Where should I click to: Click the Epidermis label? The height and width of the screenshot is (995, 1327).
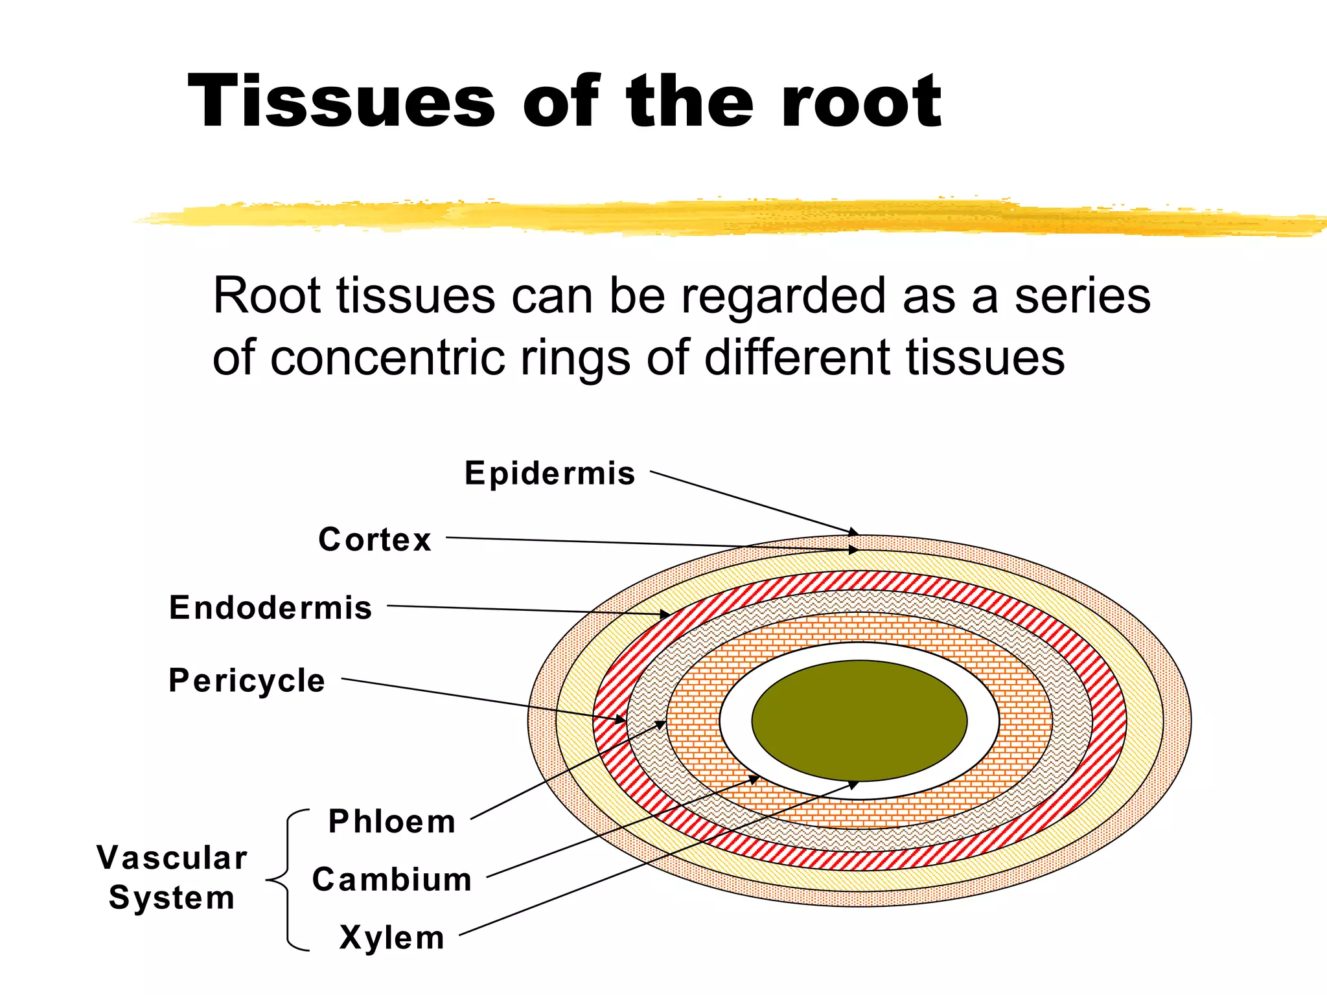pyautogui.click(x=549, y=474)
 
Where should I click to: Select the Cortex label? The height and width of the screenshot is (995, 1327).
pyautogui.click(x=375, y=540)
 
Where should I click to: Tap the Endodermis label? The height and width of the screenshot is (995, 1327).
pyautogui.click(x=270, y=608)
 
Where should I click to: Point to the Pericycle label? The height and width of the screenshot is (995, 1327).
pyautogui.click(x=246, y=681)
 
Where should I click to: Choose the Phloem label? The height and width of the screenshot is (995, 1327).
pyautogui.click(x=392, y=822)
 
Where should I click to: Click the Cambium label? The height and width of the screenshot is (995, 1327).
pyautogui.click(x=392, y=880)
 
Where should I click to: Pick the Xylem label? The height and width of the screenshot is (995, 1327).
pyautogui.click(x=392, y=938)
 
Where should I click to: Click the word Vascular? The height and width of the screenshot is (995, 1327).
pyautogui.click(x=172, y=858)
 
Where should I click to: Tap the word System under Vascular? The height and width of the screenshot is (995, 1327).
pyautogui.click(x=172, y=898)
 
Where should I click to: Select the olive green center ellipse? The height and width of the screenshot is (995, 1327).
pyautogui.click(x=859, y=720)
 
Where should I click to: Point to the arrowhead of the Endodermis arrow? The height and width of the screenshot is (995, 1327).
pyautogui.click(x=665, y=613)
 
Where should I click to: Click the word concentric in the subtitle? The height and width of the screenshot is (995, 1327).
pyautogui.click(x=387, y=358)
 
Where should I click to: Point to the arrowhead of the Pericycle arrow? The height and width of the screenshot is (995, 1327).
pyautogui.click(x=621, y=719)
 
